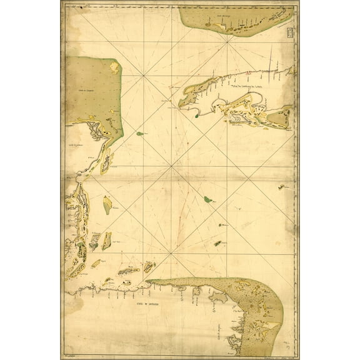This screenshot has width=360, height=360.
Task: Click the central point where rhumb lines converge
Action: pos(169,167)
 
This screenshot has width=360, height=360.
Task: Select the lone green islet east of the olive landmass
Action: pos(138,133)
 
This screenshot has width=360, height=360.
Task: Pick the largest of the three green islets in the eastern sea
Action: pos(207,199)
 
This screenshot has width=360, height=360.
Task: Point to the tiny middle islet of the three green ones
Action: pos(221,225)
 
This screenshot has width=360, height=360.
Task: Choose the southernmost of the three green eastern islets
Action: pos(218,242)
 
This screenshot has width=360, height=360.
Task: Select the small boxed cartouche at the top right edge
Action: pos(287,31)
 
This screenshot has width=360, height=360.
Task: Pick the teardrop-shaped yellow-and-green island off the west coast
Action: pos(107,203)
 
